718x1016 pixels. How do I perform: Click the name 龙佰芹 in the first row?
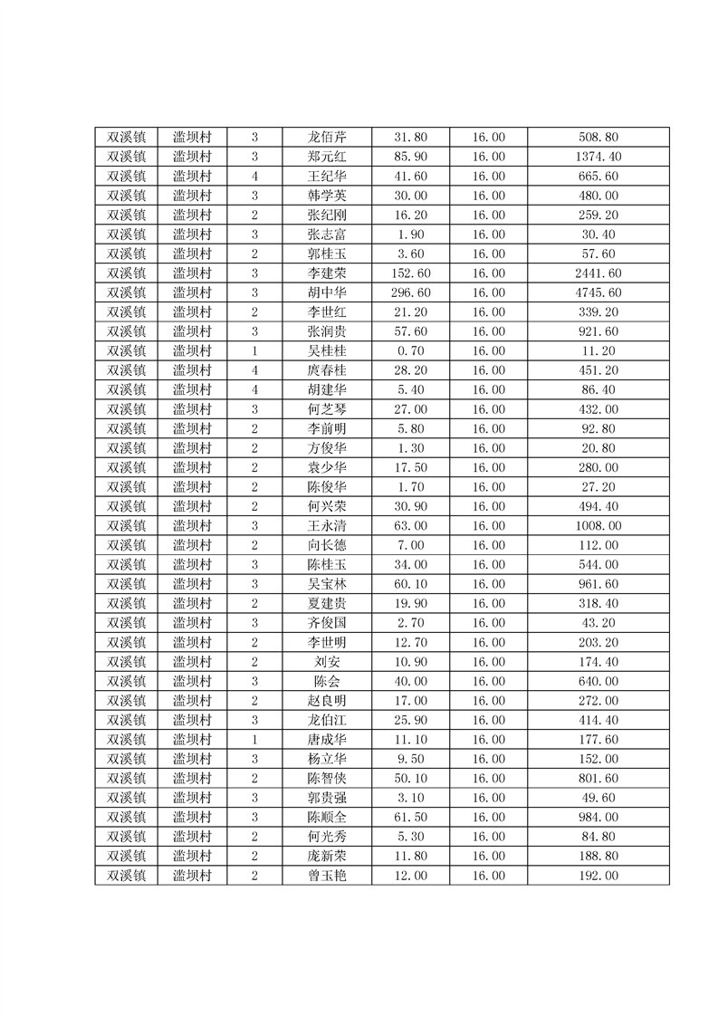326,138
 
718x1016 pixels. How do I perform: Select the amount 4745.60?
598,292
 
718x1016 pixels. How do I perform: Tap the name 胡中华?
326,292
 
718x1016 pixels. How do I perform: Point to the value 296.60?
410,292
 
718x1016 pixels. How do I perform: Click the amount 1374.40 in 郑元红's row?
598,157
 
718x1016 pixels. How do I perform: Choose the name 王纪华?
326,177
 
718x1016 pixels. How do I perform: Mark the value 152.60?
410,273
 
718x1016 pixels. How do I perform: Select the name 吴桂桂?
326,351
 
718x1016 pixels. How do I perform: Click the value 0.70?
410,351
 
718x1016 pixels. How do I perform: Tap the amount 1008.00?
598,526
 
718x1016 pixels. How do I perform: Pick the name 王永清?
326,526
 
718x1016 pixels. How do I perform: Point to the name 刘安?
326,662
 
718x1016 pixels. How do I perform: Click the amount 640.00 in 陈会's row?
598,681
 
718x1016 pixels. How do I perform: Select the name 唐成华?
326,740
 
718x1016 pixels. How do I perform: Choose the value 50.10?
410,779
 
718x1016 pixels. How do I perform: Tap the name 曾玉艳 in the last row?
326,876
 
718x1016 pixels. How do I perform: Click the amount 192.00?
598,876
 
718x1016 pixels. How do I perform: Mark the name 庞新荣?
326,857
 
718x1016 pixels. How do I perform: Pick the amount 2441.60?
598,273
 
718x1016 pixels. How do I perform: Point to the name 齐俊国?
326,623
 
